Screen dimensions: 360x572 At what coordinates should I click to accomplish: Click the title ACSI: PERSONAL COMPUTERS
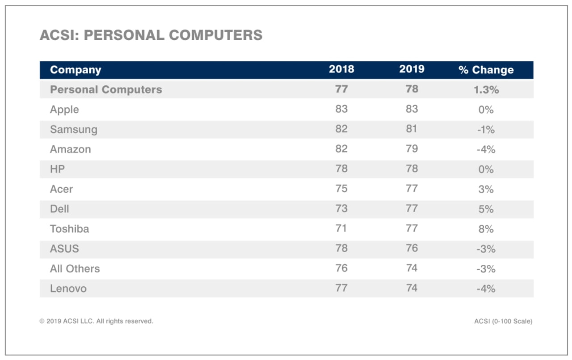(151, 35)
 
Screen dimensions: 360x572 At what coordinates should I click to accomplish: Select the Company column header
(76, 70)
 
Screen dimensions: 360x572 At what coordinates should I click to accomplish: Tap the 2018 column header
(341, 69)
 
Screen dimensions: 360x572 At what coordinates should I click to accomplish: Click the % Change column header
(486, 70)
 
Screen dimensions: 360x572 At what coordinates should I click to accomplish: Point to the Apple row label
(64, 110)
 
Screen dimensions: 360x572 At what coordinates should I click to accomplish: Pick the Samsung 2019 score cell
(412, 129)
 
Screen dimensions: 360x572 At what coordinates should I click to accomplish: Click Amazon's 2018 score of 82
(341, 149)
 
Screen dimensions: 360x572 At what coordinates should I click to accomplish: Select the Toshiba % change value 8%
(486, 229)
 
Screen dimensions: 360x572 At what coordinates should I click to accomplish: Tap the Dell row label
(59, 209)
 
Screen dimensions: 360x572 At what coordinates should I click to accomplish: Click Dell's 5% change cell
(486, 209)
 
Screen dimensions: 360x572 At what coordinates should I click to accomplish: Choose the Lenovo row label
(68, 288)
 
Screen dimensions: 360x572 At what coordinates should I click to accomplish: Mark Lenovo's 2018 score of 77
(341, 288)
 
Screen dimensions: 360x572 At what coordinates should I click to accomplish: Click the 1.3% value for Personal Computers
(486, 89)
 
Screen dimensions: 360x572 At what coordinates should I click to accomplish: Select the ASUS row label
(64, 249)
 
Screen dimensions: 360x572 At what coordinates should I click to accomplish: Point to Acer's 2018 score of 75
(341, 189)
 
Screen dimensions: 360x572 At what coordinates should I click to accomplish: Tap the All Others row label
(75, 269)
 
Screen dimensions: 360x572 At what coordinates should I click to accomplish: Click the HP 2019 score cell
(412, 169)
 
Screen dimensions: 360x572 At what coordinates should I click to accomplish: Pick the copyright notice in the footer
(96, 321)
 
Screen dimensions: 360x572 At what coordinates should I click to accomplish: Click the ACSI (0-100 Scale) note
(503, 321)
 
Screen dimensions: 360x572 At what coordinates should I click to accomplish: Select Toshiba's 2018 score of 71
(341, 229)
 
